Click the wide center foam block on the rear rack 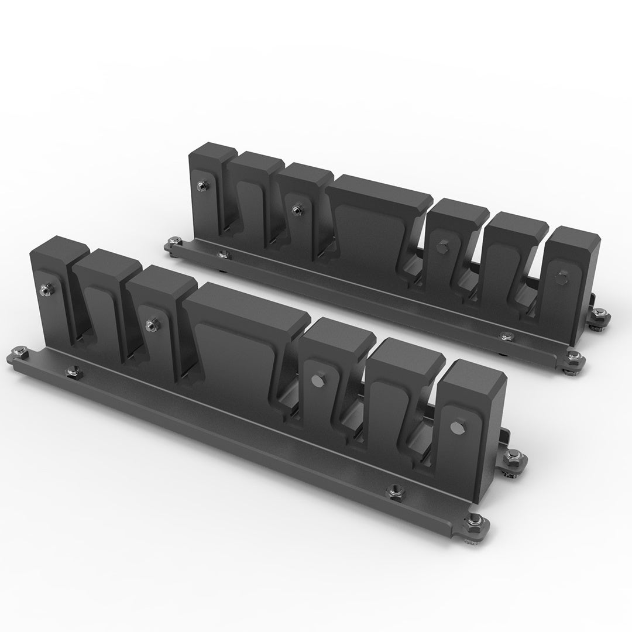(375, 228)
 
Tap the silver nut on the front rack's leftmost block (44, 288)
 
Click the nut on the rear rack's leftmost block (201, 186)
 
